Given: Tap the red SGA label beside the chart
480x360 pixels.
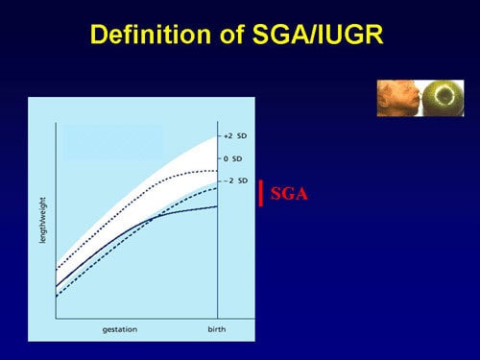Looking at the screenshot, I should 287,194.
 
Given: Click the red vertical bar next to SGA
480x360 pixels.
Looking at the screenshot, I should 261,193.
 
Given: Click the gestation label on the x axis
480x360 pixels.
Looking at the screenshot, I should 120,329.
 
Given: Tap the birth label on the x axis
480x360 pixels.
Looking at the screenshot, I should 218,329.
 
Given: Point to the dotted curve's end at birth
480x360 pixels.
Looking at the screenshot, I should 218,171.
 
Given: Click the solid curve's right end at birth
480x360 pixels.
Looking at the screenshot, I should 218,206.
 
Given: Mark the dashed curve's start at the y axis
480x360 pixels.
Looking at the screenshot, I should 57,297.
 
